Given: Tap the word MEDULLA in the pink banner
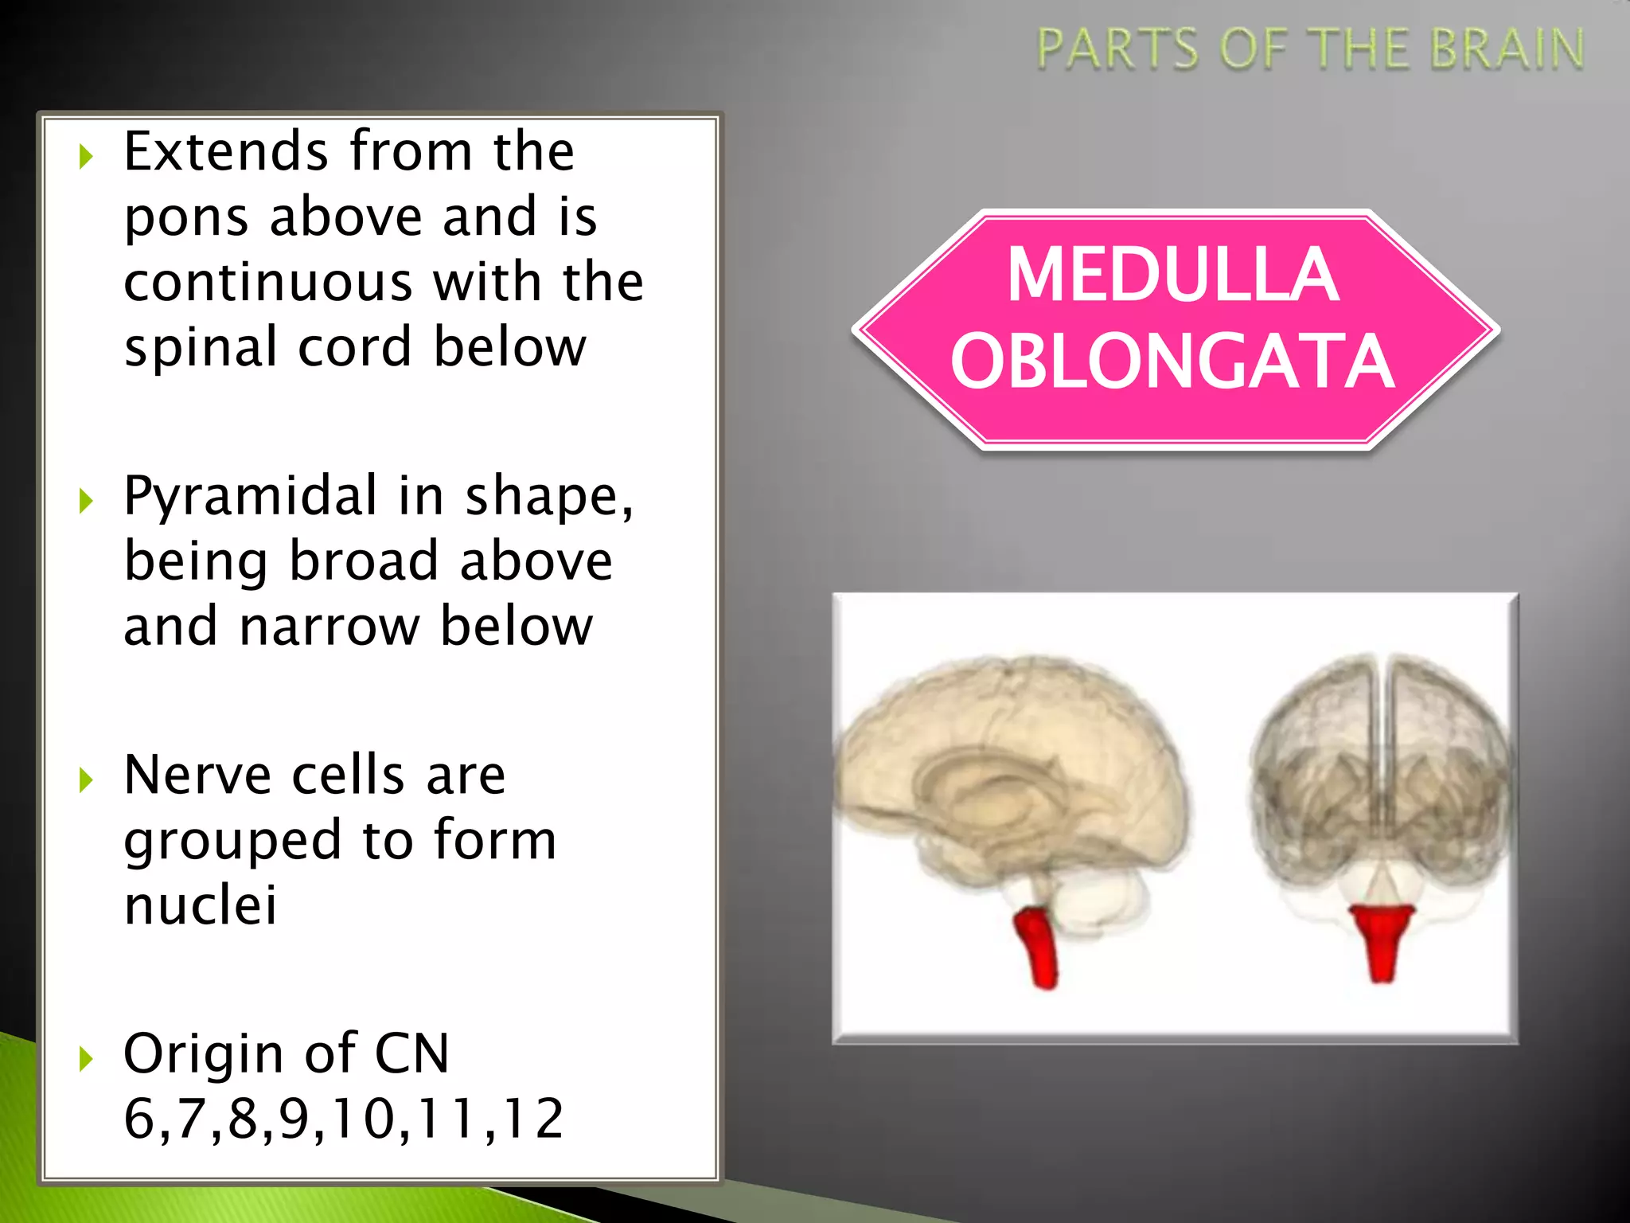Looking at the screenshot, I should point(1173,275).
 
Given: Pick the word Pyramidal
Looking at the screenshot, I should point(250,495).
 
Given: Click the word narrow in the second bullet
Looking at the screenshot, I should point(329,627).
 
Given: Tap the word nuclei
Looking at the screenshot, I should point(201,905).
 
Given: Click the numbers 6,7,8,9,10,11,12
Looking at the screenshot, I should point(344,1119).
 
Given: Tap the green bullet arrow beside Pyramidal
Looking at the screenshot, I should point(86,501).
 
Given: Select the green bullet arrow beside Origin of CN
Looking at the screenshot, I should point(86,1059).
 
